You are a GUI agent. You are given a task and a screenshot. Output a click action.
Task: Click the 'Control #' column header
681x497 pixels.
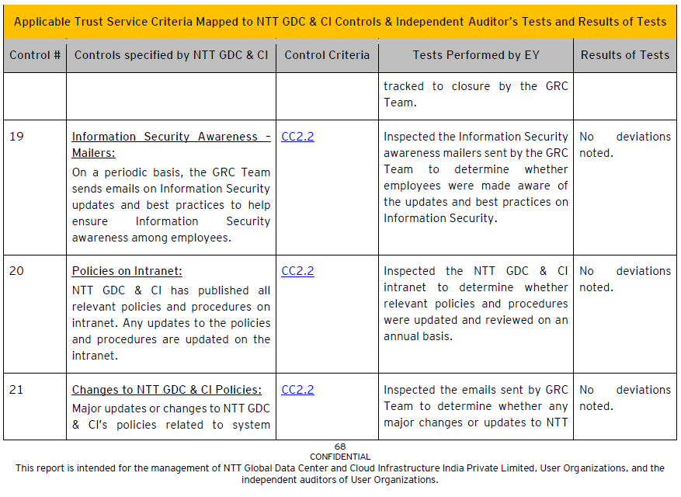click(35, 55)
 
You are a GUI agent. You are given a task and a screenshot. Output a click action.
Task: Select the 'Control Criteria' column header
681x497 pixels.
click(327, 55)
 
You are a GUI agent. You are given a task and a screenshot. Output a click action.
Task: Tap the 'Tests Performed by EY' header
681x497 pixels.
click(476, 55)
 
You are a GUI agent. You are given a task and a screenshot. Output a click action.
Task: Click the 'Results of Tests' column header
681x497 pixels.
click(624, 55)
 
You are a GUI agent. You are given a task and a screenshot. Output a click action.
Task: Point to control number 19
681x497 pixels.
click(16, 137)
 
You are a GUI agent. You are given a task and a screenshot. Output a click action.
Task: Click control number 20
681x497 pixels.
click(17, 271)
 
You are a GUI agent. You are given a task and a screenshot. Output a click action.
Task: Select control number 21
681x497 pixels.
click(16, 390)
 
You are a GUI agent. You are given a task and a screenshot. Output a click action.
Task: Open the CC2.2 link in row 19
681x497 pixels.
click(297, 137)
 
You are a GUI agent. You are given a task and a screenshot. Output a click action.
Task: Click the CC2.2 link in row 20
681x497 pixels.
click(297, 271)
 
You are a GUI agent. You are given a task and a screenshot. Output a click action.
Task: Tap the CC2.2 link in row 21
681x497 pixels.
click(297, 390)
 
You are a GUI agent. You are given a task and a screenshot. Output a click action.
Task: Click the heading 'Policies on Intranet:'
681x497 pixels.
click(127, 271)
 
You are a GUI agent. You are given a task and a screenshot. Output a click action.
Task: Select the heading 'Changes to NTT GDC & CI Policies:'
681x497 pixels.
click(167, 390)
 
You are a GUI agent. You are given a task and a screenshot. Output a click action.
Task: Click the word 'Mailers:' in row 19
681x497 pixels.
click(93, 153)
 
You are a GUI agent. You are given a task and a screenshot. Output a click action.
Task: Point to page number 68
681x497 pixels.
click(340, 447)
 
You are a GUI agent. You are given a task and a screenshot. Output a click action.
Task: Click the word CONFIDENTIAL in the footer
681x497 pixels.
click(340, 457)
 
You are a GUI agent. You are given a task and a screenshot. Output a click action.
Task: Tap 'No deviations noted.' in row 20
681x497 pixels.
click(624, 279)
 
